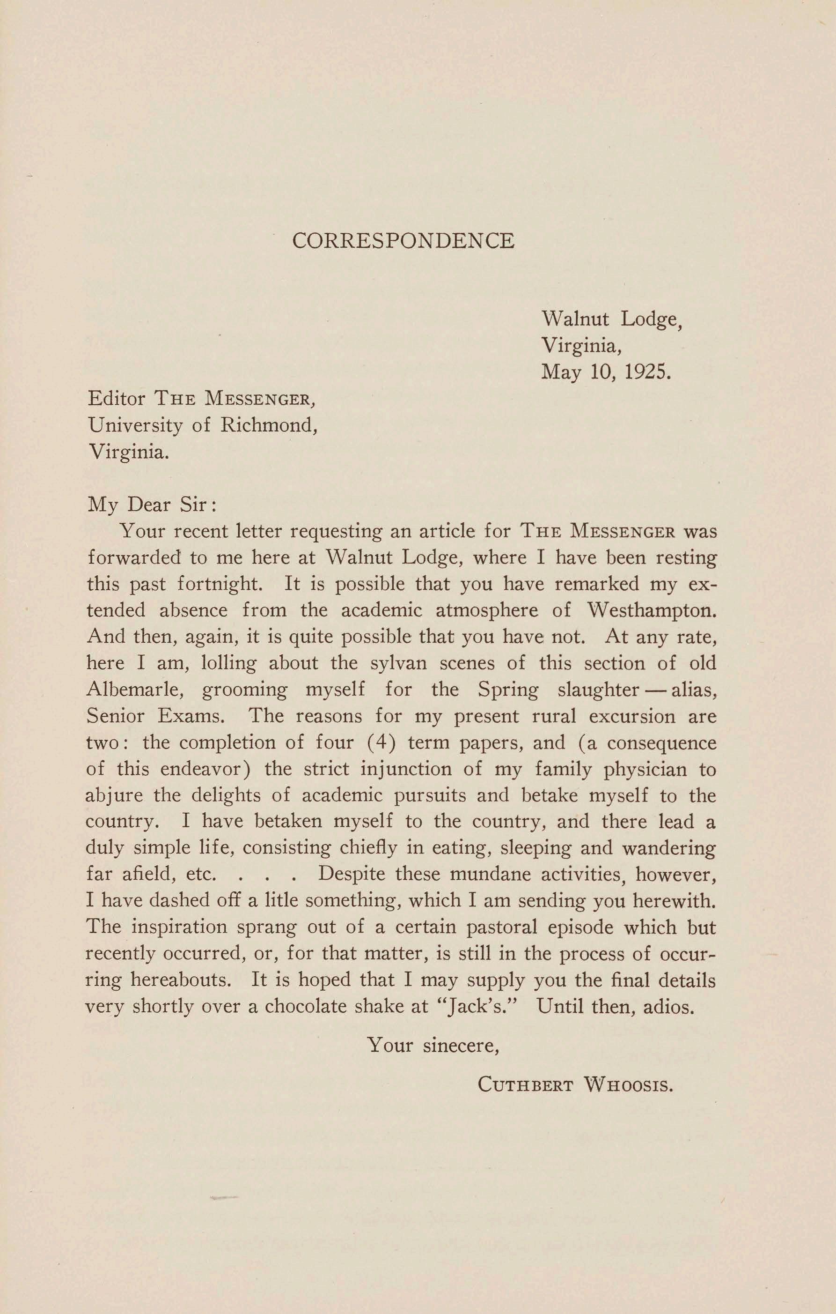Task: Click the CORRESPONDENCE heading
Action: pyautogui.click(x=403, y=241)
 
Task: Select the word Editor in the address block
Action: pyautogui.click(x=116, y=399)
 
